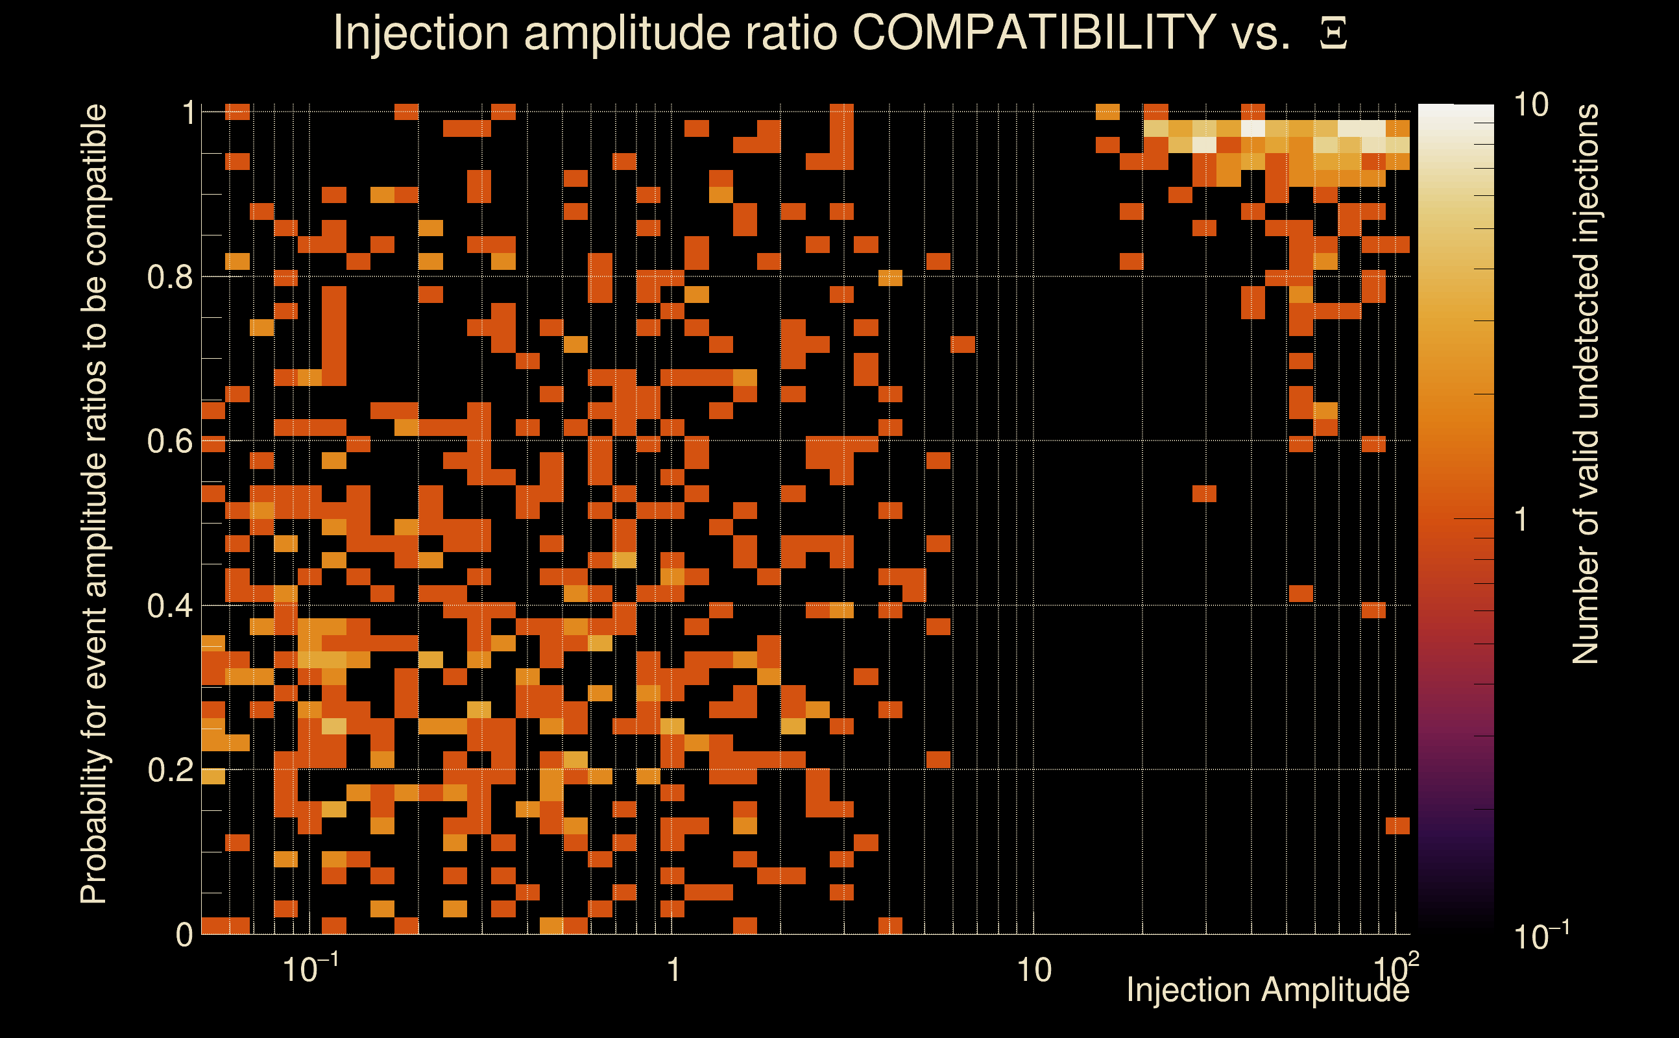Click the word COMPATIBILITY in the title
click(1033, 32)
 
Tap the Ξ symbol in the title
click(1333, 34)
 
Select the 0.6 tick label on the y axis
click(169, 441)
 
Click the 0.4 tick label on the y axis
click(169, 605)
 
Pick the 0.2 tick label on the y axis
click(169, 769)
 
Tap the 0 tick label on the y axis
click(185, 934)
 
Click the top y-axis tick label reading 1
click(188, 113)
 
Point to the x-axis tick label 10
click(1033, 970)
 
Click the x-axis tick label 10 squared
click(1396, 967)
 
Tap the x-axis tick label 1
click(673, 970)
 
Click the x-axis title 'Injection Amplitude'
click(1267, 990)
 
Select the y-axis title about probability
click(94, 503)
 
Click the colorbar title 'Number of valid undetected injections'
click(1586, 385)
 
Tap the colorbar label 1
click(1521, 520)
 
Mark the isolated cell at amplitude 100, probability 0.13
click(1397, 825)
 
